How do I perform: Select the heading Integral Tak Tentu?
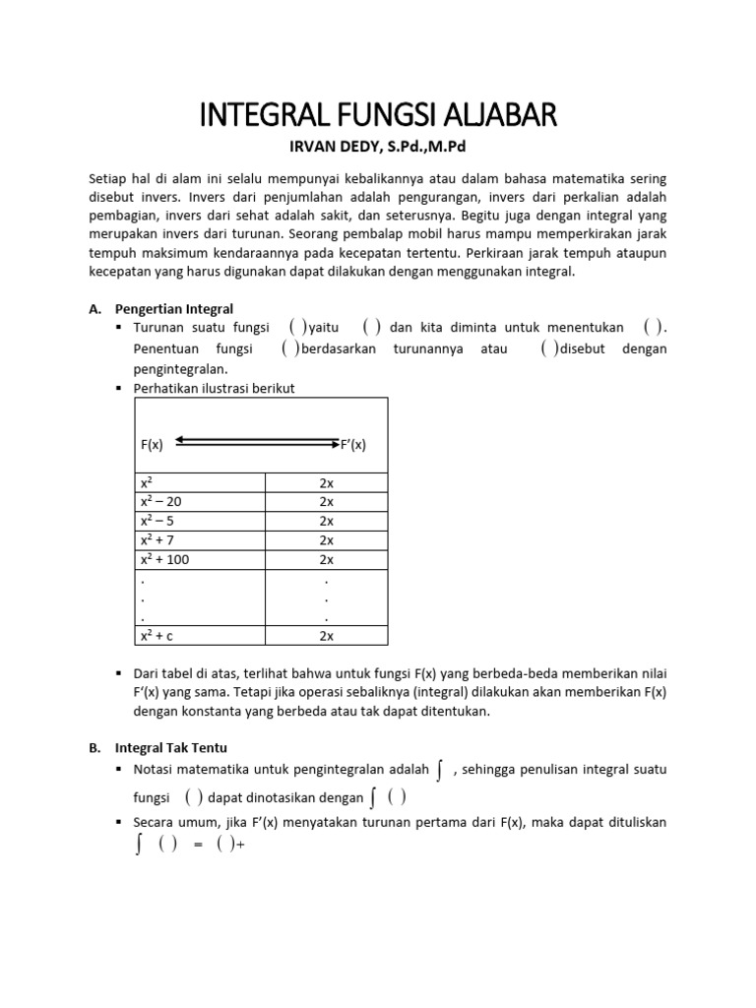170,748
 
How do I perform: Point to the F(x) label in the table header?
152,444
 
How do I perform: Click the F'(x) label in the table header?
353,444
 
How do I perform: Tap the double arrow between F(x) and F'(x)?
257,442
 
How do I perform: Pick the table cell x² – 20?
161,501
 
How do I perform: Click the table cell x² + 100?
164,559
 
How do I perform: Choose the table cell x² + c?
157,636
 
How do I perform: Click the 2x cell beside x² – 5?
327,521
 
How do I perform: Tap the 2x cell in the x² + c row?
327,636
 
